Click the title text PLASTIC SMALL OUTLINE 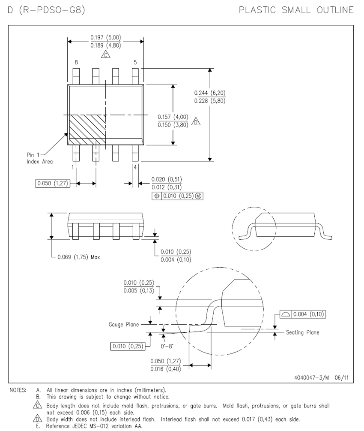(296, 10)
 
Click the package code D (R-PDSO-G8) (46, 10)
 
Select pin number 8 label (76, 63)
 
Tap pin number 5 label (135, 63)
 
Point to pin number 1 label (73, 167)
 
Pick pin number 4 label (135, 167)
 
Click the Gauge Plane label (124, 325)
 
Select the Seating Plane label (302, 332)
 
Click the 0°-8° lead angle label (166, 345)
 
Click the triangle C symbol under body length (105, 54)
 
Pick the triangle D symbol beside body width (196, 122)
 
